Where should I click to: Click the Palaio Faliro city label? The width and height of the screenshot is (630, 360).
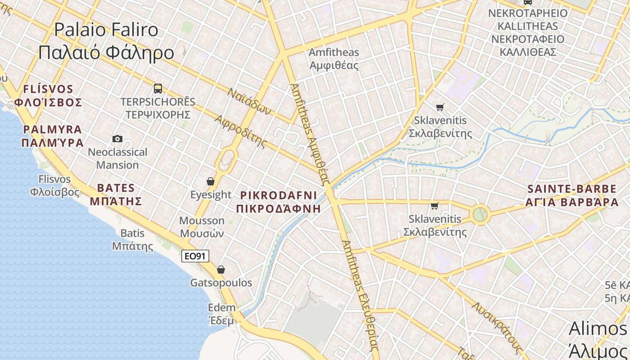(106, 41)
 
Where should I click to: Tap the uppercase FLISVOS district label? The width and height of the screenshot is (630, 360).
(48, 95)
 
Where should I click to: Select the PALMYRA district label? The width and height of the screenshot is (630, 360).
(53, 136)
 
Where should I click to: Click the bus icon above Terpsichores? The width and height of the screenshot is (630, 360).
(157, 89)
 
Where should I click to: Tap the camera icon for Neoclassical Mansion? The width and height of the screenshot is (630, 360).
(117, 139)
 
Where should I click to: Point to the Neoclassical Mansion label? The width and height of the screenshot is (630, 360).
(117, 158)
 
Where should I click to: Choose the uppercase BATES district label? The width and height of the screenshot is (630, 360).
(116, 194)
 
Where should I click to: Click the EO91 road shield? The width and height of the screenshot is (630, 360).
(195, 256)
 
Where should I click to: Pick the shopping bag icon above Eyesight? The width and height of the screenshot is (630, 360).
(210, 181)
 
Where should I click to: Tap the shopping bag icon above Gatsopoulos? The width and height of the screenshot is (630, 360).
(220, 270)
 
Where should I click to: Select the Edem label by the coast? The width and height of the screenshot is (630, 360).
(221, 314)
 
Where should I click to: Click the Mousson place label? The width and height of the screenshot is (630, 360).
(202, 227)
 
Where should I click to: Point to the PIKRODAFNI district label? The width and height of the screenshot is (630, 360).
(278, 202)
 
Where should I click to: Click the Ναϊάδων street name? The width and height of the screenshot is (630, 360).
(248, 101)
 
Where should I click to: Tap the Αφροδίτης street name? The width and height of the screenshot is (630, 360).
(240, 131)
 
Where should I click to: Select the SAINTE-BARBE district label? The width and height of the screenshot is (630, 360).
(572, 195)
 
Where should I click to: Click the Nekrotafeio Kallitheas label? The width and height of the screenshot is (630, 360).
(527, 32)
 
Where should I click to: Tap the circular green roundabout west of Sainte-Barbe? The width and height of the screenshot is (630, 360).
(480, 214)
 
